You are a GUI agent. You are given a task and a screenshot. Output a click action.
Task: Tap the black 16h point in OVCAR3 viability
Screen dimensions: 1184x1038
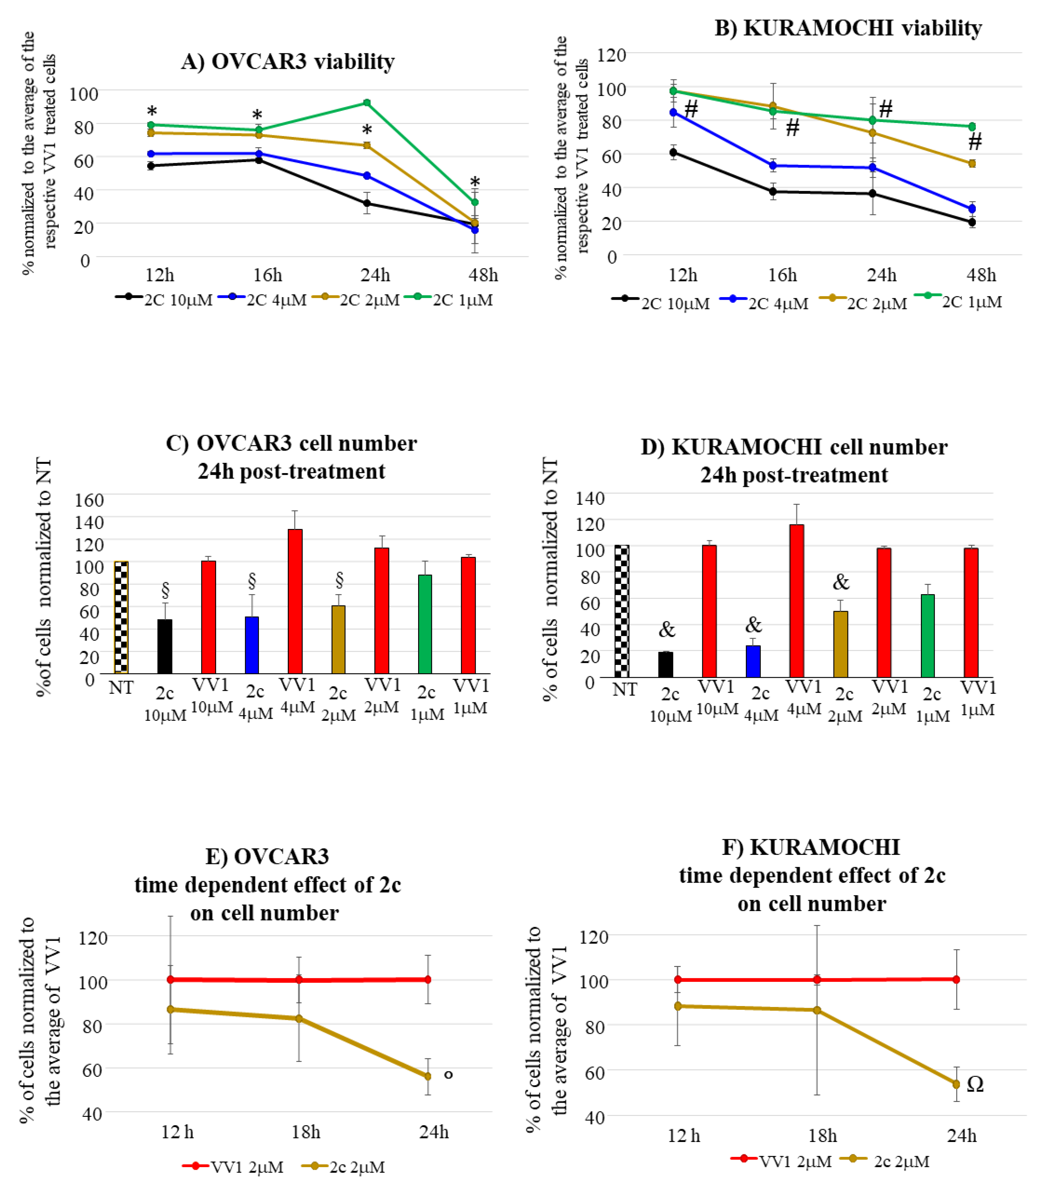259,159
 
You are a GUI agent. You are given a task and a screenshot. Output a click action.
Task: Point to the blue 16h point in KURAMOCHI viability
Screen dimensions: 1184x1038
773,166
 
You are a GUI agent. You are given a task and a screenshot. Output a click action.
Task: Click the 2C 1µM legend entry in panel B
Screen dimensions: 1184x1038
959,301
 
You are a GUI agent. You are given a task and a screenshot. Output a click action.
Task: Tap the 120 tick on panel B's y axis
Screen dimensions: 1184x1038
611,55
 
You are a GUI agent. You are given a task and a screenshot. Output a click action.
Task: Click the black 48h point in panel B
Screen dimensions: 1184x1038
972,222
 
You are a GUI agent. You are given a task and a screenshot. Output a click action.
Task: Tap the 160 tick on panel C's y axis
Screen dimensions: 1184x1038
89,499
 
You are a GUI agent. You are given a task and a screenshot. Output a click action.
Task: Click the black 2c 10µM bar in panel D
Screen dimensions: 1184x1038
666,664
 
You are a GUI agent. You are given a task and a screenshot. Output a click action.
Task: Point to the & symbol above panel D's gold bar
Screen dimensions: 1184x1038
841,582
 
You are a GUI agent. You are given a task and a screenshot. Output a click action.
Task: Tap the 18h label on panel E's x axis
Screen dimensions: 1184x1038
305,1132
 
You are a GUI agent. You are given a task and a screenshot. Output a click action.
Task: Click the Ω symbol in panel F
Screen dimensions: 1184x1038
975,1084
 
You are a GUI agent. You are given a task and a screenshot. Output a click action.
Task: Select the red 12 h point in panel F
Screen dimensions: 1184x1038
678,980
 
